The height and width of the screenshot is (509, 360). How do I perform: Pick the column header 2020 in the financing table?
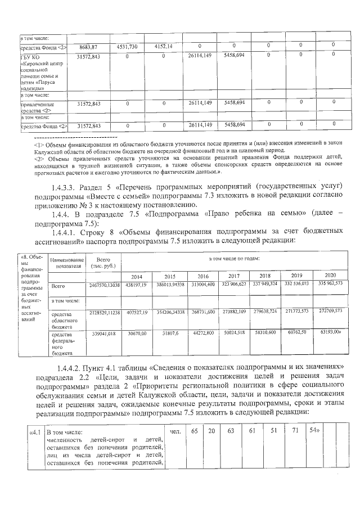pos(330,275)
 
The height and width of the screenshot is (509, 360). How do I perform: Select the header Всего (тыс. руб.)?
pos(103,263)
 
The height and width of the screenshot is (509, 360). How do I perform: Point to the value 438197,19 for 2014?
pos(137,286)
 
